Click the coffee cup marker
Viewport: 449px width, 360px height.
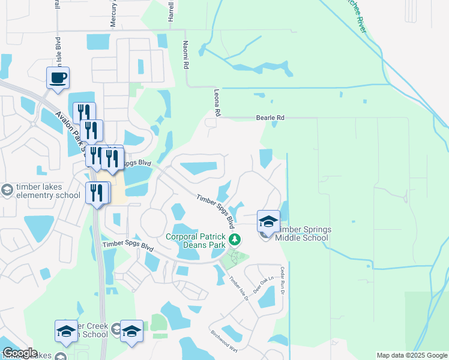pyautogui.click(x=58, y=78)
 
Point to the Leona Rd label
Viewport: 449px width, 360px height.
pyautogui.click(x=217, y=103)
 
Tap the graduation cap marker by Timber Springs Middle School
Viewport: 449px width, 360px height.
pyautogui.click(x=268, y=221)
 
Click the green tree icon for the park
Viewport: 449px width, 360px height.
pyautogui.click(x=236, y=240)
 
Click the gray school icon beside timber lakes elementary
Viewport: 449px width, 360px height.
pyautogui.click(x=7, y=190)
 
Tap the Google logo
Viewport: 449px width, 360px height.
pyautogui.click(x=20, y=353)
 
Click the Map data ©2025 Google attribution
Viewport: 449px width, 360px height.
pyautogui.click(x=411, y=355)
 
